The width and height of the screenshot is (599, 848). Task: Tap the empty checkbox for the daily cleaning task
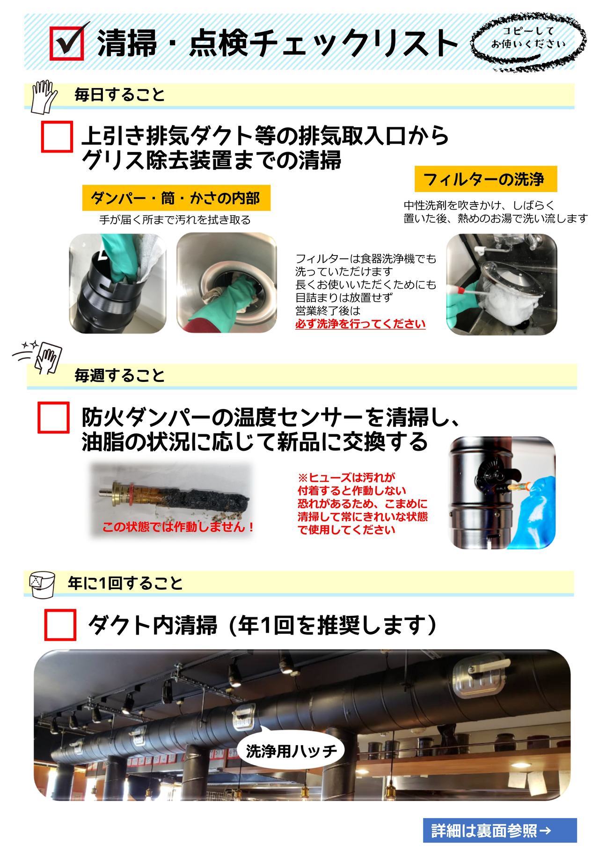57,137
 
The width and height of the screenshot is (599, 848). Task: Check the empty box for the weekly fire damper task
53,417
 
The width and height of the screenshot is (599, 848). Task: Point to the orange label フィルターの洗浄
486,179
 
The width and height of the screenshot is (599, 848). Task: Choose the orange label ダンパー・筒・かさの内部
175,198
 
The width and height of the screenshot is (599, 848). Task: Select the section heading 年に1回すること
125,583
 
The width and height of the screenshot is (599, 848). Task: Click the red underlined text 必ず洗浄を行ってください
360,324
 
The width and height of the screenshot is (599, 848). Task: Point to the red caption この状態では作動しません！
178,527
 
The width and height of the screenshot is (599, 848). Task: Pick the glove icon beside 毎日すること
43,97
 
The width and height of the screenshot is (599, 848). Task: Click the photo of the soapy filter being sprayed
502,284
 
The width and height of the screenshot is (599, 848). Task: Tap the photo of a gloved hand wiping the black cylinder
117,283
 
